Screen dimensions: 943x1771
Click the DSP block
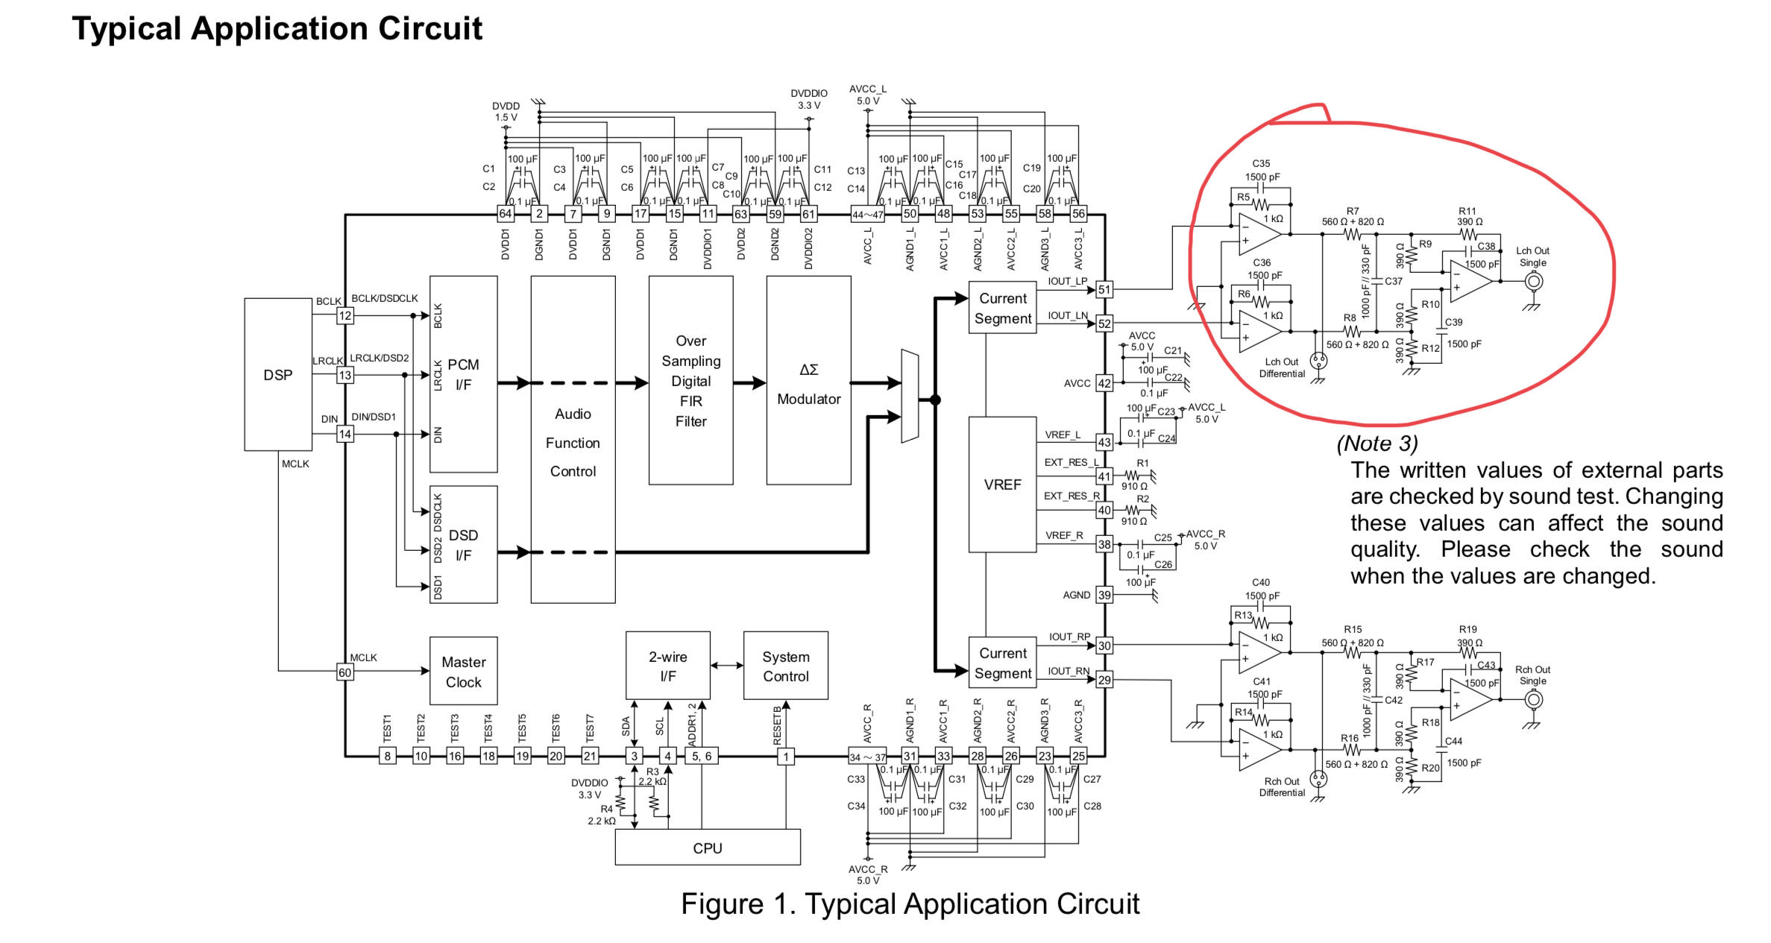(277, 374)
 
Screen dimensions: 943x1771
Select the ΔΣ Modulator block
(808, 380)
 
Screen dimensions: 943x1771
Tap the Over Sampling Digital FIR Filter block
(691, 380)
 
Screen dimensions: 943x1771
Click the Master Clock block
(463, 671)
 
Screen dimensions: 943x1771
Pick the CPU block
(707, 848)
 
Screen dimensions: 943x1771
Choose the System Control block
(785, 666)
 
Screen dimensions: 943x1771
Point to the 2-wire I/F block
(667, 666)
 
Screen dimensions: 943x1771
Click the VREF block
(1001, 485)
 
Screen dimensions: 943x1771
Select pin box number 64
(506, 214)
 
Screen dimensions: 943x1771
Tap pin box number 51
(1104, 289)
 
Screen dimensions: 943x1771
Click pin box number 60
(345, 672)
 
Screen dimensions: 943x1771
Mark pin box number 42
(1104, 383)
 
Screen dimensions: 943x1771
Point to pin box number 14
(345, 434)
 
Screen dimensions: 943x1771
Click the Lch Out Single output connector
(1533, 282)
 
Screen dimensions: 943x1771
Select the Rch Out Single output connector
(1533, 700)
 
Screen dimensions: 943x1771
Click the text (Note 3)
(1377, 444)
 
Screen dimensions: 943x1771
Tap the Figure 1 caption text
(910, 903)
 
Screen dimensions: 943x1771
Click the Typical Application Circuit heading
(277, 29)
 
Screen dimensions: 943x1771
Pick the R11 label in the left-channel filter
(1467, 212)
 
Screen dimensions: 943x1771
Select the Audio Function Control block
(573, 442)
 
